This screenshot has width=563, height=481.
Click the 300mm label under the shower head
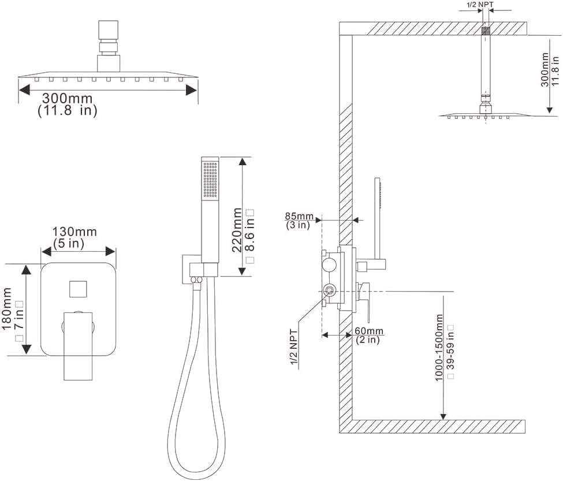point(68,98)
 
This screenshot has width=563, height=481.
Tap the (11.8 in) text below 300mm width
point(68,111)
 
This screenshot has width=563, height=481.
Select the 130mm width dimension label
point(75,232)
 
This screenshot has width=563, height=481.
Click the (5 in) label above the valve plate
point(69,243)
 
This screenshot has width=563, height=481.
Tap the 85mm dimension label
point(299,217)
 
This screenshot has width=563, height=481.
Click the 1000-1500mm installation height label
point(439,348)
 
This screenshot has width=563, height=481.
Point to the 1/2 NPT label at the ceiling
point(480,5)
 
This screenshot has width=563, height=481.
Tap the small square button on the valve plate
point(79,288)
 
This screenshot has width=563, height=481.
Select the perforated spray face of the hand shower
point(210,180)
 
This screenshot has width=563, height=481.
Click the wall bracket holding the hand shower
point(192,267)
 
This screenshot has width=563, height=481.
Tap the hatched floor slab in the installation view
point(439,426)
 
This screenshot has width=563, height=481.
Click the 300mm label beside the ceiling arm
point(545,69)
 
